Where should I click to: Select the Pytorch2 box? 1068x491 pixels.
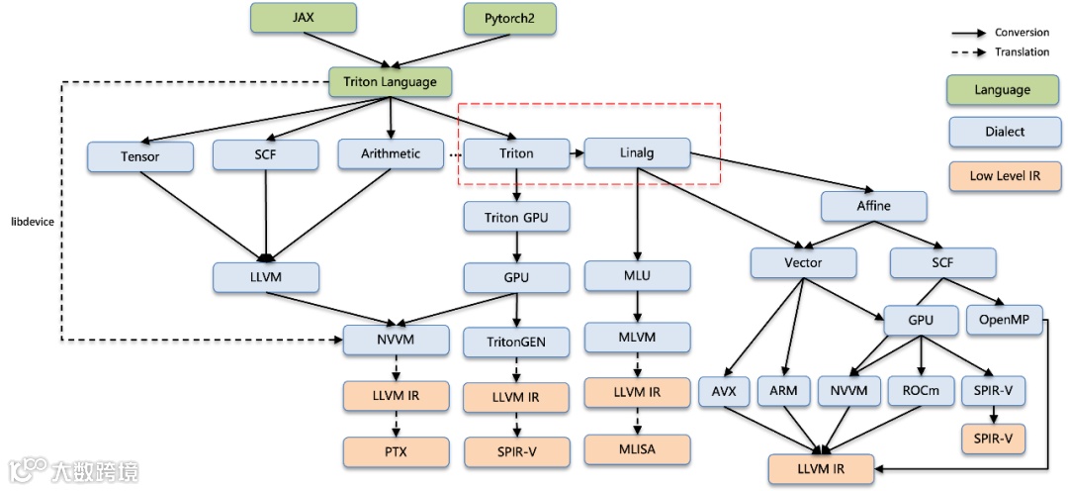click(x=509, y=19)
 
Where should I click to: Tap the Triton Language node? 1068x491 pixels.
click(x=389, y=82)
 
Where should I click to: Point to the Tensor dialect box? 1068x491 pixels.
click(x=140, y=156)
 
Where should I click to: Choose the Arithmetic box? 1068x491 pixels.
click(x=391, y=153)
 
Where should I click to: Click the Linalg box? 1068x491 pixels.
click(x=637, y=153)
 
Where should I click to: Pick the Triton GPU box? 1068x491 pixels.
click(x=516, y=217)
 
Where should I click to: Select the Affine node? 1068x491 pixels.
click(x=873, y=206)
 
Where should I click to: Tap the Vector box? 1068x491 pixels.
click(x=803, y=262)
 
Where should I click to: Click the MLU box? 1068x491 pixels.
click(x=637, y=276)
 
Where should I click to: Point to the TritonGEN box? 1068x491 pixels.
click(x=516, y=343)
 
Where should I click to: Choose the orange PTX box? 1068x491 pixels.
click(x=397, y=452)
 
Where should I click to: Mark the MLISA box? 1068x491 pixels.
click(x=637, y=449)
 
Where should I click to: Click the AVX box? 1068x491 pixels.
click(x=724, y=390)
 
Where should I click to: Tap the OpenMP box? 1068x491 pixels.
click(x=1010, y=320)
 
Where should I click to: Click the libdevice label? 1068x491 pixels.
click(x=32, y=222)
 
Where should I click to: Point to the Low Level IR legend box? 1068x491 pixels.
click(x=1003, y=175)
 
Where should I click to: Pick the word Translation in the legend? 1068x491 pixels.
click(x=1022, y=52)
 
